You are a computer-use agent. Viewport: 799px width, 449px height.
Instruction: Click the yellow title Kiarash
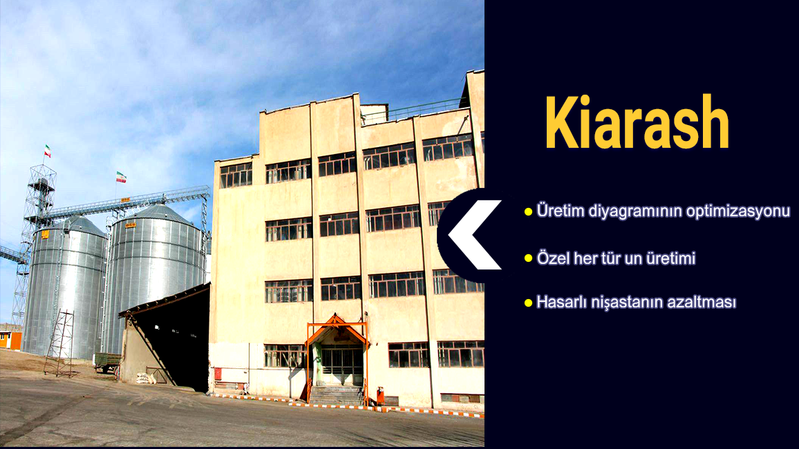pyautogui.click(x=637, y=122)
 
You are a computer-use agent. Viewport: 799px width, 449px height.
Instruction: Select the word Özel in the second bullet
pyautogui.click(x=553, y=258)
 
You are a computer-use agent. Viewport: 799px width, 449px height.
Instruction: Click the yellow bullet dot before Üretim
pyautogui.click(x=529, y=212)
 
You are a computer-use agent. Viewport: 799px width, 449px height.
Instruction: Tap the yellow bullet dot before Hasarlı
pyautogui.click(x=529, y=303)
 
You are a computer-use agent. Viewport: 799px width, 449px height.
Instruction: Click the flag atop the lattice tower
pyautogui.click(x=48, y=151)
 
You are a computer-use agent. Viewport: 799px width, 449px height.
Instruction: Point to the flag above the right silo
pyautogui.click(x=121, y=177)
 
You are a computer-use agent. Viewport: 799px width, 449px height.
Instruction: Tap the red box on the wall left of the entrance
pyautogui.click(x=218, y=374)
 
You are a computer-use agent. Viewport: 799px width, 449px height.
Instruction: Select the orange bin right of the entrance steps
pyautogui.click(x=380, y=396)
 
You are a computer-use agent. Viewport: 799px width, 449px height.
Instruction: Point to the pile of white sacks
pyautogui.click(x=144, y=379)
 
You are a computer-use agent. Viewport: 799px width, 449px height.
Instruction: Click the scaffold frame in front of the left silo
pyautogui.click(x=60, y=343)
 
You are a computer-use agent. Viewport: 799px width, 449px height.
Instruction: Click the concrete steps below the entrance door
pyautogui.click(x=337, y=396)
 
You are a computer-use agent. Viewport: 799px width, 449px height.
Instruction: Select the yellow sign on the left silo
pyautogui.click(x=45, y=235)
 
